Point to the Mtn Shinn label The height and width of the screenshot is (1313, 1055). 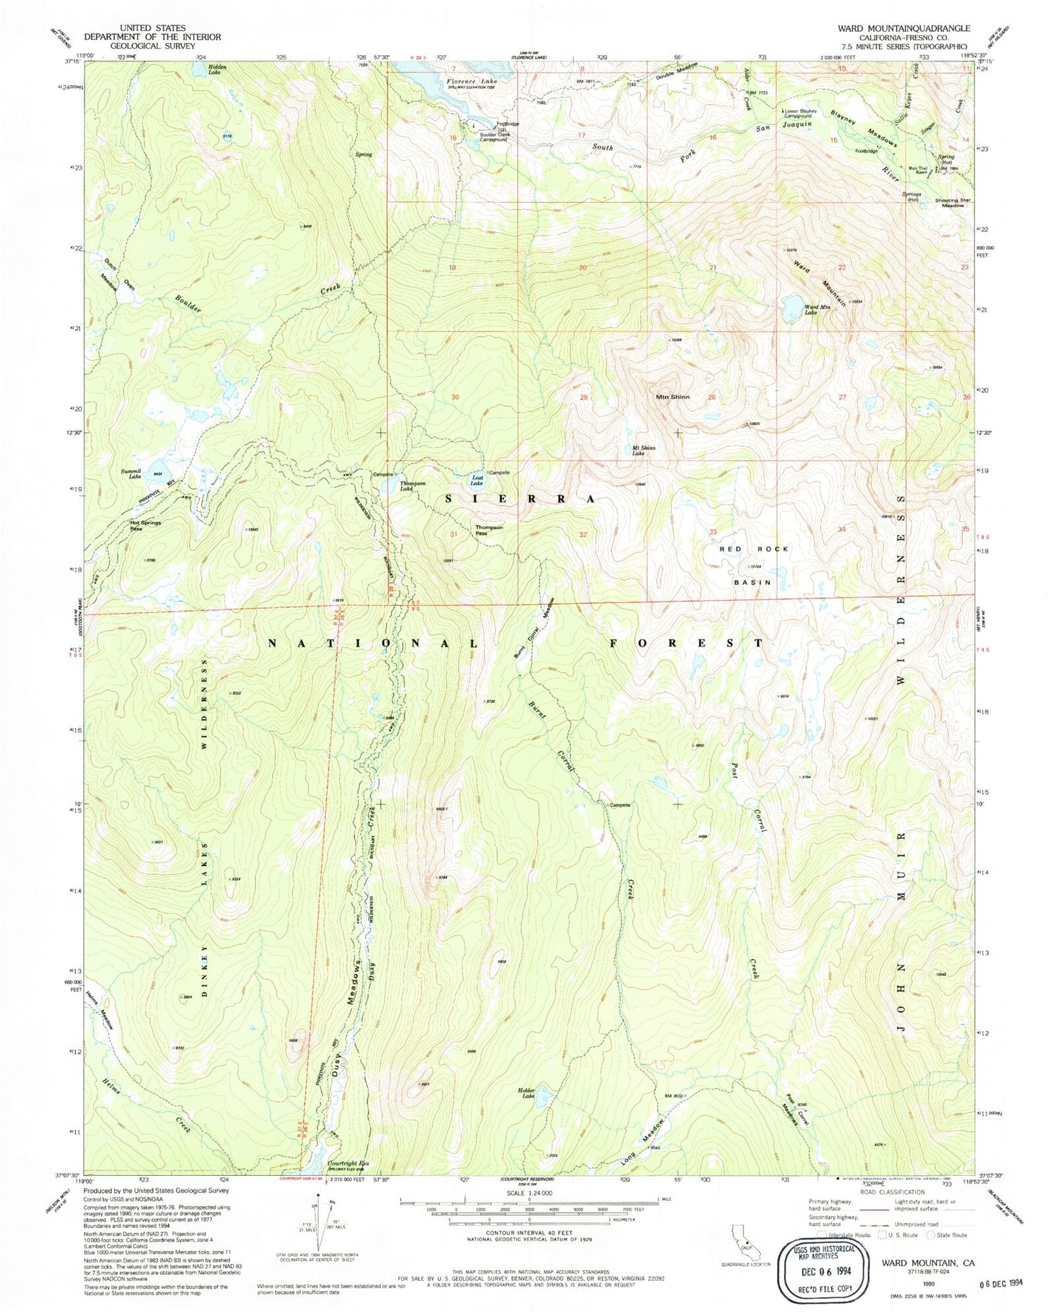[672, 397]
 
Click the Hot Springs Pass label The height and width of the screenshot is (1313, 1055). [146, 526]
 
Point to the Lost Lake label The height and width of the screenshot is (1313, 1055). [477, 481]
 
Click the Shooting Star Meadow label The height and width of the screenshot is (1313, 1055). [952, 203]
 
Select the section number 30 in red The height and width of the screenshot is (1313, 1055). [455, 397]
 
